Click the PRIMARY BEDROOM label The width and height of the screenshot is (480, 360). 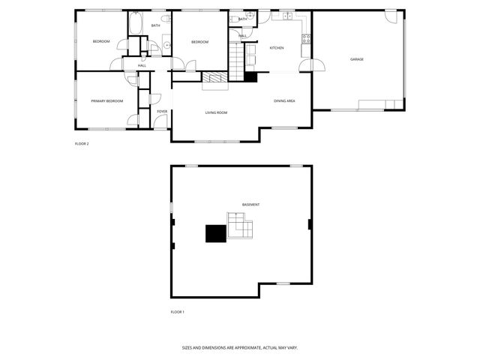tap(106, 100)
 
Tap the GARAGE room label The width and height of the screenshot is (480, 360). tap(356, 59)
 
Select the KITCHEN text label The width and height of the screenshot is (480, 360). tap(277, 48)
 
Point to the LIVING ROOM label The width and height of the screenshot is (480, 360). tap(216, 112)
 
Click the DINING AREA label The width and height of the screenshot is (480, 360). tap(284, 100)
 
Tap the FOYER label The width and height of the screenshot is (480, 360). tap(162, 112)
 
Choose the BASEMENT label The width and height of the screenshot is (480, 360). tap(250, 205)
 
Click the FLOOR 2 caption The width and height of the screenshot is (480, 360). tap(82, 143)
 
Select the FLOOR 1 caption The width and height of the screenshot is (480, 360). tap(177, 311)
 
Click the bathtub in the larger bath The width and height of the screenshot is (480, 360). tap(136, 25)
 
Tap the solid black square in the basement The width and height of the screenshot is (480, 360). tap(216, 233)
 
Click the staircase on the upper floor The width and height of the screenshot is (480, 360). tap(238, 61)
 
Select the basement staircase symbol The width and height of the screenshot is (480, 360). tap(241, 225)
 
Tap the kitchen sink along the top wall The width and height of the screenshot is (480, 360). tap(286, 15)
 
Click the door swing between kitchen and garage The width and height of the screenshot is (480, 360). tap(305, 67)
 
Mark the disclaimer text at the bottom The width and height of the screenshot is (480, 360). tap(240, 348)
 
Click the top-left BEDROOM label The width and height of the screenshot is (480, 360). tap(101, 41)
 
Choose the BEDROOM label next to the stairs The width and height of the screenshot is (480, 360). tap(199, 42)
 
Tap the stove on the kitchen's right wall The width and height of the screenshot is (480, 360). tap(305, 37)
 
